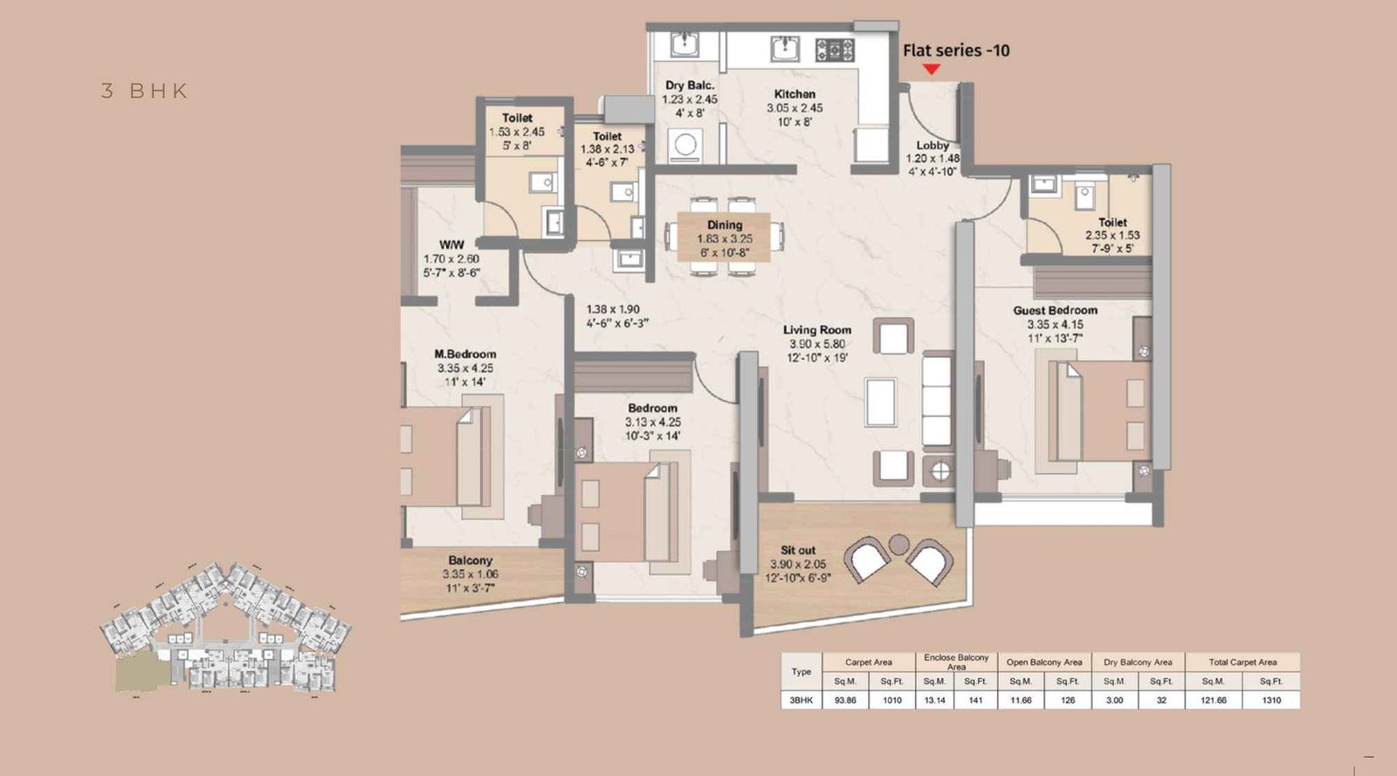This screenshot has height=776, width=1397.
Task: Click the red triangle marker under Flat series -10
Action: (932, 69)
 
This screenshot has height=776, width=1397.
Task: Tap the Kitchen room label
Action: (795, 94)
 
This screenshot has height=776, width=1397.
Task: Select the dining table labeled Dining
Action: (724, 237)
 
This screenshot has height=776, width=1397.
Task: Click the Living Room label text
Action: (816, 330)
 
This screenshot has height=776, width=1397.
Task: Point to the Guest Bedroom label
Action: (1055, 311)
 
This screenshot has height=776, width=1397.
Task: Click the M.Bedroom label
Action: (465, 354)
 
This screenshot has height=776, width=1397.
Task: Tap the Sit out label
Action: (797, 551)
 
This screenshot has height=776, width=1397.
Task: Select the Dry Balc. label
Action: (690, 86)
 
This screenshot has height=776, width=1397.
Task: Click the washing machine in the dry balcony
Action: (685, 145)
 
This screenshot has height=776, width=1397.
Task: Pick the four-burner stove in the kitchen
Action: (834, 50)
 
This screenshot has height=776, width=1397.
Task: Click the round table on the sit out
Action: (898, 545)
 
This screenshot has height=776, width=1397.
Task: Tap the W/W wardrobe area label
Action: (451, 245)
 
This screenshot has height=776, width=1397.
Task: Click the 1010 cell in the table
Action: (891, 700)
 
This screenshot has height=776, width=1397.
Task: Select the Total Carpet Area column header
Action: (1242, 663)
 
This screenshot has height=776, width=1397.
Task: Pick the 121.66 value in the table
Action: (1213, 700)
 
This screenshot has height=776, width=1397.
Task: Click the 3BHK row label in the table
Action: (801, 700)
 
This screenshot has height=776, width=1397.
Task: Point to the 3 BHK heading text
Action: (145, 91)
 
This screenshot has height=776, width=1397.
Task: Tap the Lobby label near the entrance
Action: (932, 146)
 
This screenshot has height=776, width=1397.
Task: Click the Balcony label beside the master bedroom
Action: (470, 560)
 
